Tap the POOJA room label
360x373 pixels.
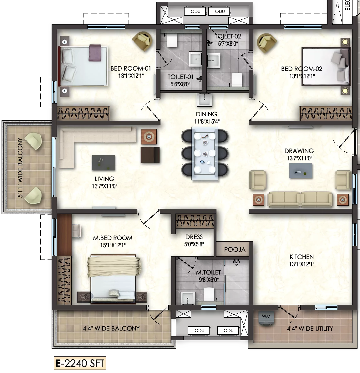point(235,250)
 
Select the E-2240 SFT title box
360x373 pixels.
point(80,363)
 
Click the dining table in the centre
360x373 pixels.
point(205,154)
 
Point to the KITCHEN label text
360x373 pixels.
point(302,257)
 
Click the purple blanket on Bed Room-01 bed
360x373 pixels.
point(95,53)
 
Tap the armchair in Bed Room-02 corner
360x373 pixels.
point(267,43)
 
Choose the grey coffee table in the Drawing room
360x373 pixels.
point(301,171)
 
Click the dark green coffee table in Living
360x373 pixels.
point(103,163)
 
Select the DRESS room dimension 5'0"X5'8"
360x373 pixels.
point(194,244)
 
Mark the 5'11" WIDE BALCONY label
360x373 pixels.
point(20,168)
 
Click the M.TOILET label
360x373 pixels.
point(208,273)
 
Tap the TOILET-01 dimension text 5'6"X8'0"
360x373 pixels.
point(180,84)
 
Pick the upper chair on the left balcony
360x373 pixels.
point(34,141)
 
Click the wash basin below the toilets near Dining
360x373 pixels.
point(204,99)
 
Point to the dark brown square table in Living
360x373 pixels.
point(150,155)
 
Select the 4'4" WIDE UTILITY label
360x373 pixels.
point(310,329)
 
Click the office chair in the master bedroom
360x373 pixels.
point(77,230)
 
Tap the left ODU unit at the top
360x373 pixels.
point(195,12)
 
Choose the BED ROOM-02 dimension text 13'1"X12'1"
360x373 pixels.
point(302,76)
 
